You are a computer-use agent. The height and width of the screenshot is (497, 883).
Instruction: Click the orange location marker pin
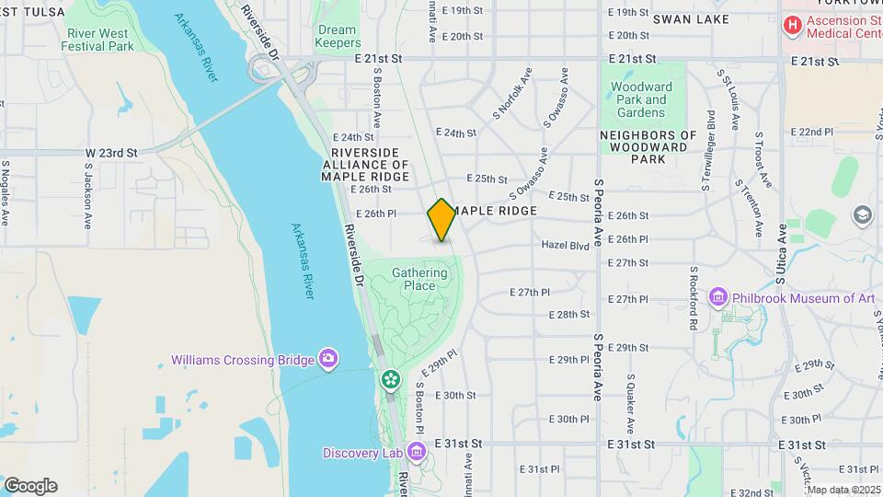(441, 219)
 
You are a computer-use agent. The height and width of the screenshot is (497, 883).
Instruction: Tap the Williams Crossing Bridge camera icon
(328, 358)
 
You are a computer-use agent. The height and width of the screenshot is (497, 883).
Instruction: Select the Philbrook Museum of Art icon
(718, 297)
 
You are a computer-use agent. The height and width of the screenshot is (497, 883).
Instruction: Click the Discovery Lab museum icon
(416, 452)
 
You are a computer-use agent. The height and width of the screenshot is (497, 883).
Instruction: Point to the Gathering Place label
(419, 279)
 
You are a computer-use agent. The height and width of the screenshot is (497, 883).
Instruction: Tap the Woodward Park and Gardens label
(641, 99)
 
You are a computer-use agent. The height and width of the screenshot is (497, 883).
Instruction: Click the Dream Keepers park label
(337, 36)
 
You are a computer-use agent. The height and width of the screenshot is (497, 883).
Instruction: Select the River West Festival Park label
(100, 39)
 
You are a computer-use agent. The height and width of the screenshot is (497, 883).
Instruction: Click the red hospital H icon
(790, 25)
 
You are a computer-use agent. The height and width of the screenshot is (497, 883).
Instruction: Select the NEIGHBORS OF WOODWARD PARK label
(644, 147)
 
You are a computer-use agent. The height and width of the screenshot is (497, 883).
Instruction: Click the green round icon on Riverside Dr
(391, 378)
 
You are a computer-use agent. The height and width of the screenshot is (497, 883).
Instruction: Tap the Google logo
(30, 485)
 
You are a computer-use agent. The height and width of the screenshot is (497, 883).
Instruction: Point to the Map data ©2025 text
(843, 490)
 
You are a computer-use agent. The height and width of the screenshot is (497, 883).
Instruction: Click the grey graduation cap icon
(862, 215)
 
